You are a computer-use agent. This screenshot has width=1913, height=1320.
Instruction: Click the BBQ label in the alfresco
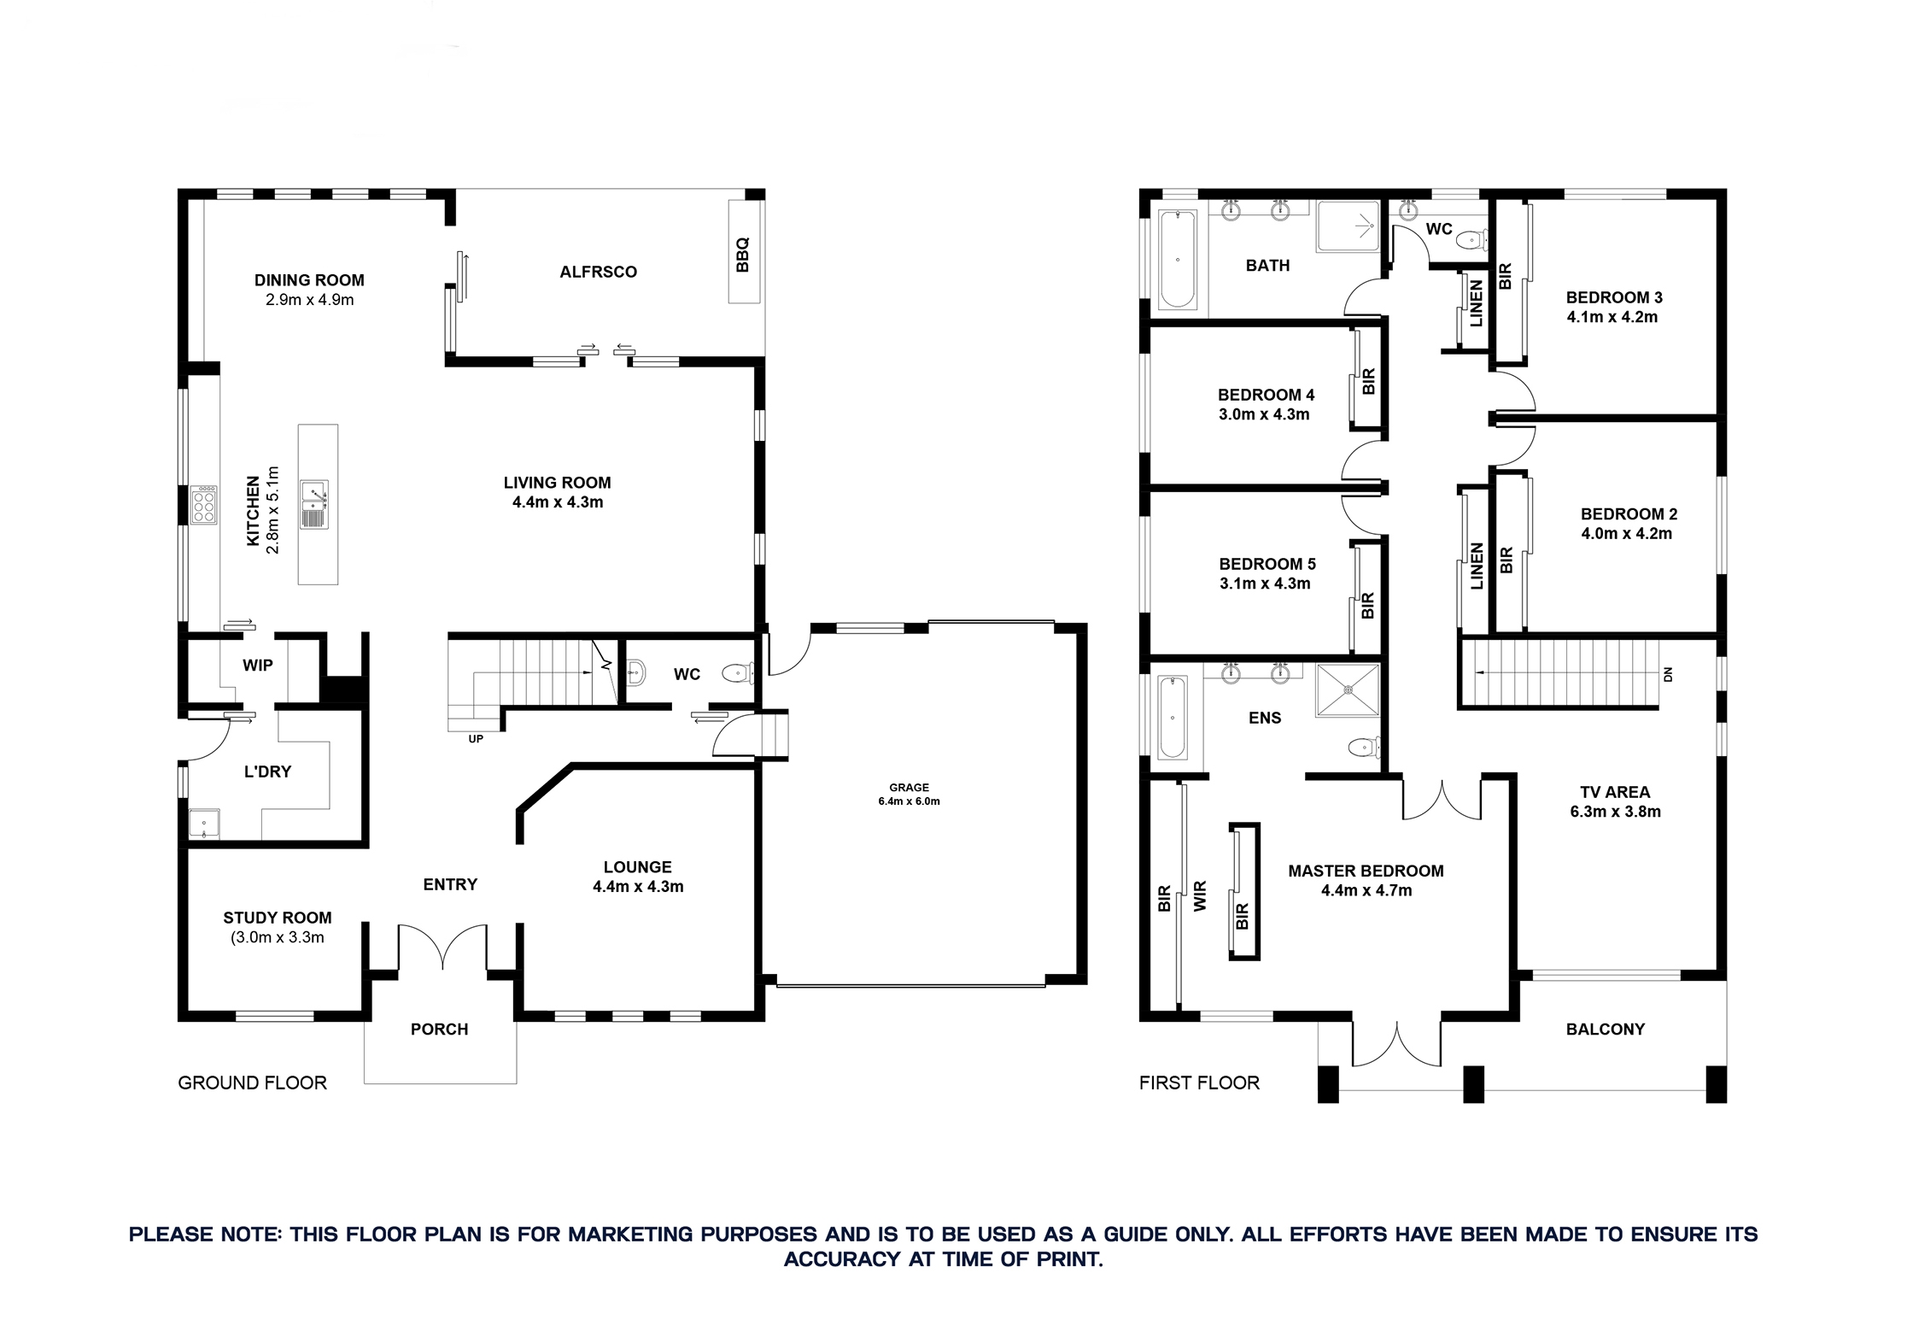click(x=742, y=254)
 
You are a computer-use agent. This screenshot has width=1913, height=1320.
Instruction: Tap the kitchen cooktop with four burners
click(x=204, y=505)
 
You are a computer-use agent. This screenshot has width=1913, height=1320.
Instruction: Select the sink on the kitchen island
click(x=314, y=504)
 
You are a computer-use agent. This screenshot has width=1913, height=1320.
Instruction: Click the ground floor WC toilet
click(x=737, y=673)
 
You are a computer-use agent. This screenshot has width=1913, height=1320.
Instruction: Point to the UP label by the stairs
click(x=476, y=739)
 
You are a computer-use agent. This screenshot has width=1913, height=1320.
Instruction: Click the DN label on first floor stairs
click(x=1668, y=674)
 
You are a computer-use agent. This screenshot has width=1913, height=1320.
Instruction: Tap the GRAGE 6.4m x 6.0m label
click(x=909, y=795)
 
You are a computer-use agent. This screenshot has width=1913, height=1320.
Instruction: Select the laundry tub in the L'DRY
click(x=203, y=824)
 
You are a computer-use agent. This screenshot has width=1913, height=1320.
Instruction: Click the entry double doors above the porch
click(x=442, y=947)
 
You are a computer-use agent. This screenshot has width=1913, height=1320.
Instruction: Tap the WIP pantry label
click(x=257, y=666)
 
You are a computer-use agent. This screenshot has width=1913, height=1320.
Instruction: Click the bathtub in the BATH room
click(x=1178, y=259)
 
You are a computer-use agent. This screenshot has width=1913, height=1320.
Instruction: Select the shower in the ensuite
click(x=1348, y=689)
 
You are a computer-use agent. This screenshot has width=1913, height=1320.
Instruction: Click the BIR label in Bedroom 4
click(x=1369, y=381)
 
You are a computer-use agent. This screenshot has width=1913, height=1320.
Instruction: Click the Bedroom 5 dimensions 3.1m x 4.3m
click(x=1265, y=584)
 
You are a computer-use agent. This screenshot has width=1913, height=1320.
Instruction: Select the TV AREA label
click(x=1615, y=792)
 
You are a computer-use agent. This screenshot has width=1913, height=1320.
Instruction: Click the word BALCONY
click(x=1605, y=1030)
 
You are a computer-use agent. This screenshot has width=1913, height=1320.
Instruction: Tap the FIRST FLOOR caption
click(x=1199, y=1083)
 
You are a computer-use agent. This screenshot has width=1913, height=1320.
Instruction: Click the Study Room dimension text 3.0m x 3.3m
click(x=278, y=937)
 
